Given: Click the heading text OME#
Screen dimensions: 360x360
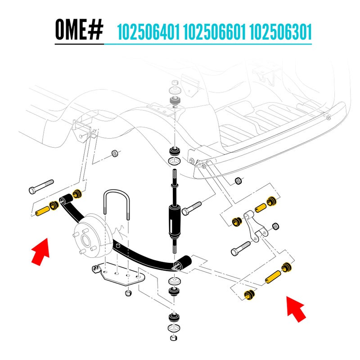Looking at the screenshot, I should click(79, 30).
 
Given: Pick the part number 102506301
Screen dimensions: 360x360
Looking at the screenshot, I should click(280, 32).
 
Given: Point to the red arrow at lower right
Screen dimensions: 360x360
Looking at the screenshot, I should click(296, 307).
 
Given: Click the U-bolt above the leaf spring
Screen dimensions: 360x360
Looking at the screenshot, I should click(117, 202).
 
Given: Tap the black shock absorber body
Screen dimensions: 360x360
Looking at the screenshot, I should click(175, 220).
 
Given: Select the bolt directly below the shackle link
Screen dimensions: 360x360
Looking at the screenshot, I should click(241, 247).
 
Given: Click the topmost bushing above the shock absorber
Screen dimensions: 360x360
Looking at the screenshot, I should click(174, 85).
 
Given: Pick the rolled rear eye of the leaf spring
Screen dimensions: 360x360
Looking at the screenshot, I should click(184, 262).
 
